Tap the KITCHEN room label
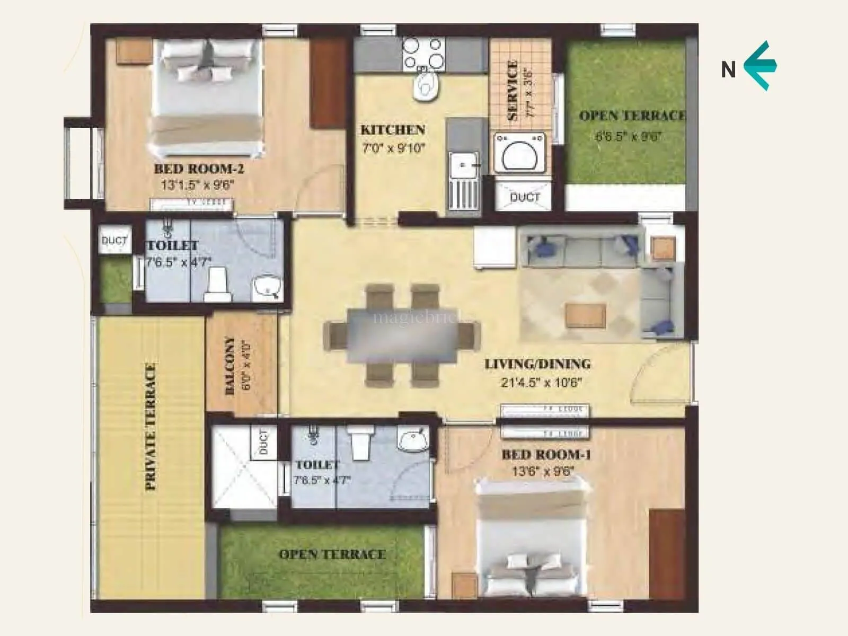coord(393,130)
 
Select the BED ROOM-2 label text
coord(199,169)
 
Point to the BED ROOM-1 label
coord(546,454)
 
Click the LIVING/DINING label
coord(537,364)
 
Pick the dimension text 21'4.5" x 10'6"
coord(541,382)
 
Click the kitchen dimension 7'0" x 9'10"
coord(394,148)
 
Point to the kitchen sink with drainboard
coord(464,180)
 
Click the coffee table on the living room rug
coord(585,315)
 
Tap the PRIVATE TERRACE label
coord(151,427)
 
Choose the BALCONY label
coord(230,366)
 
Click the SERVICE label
coord(512,90)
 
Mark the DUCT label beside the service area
coord(525,197)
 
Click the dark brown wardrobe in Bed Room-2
coord(328,83)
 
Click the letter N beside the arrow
coord(729,69)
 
